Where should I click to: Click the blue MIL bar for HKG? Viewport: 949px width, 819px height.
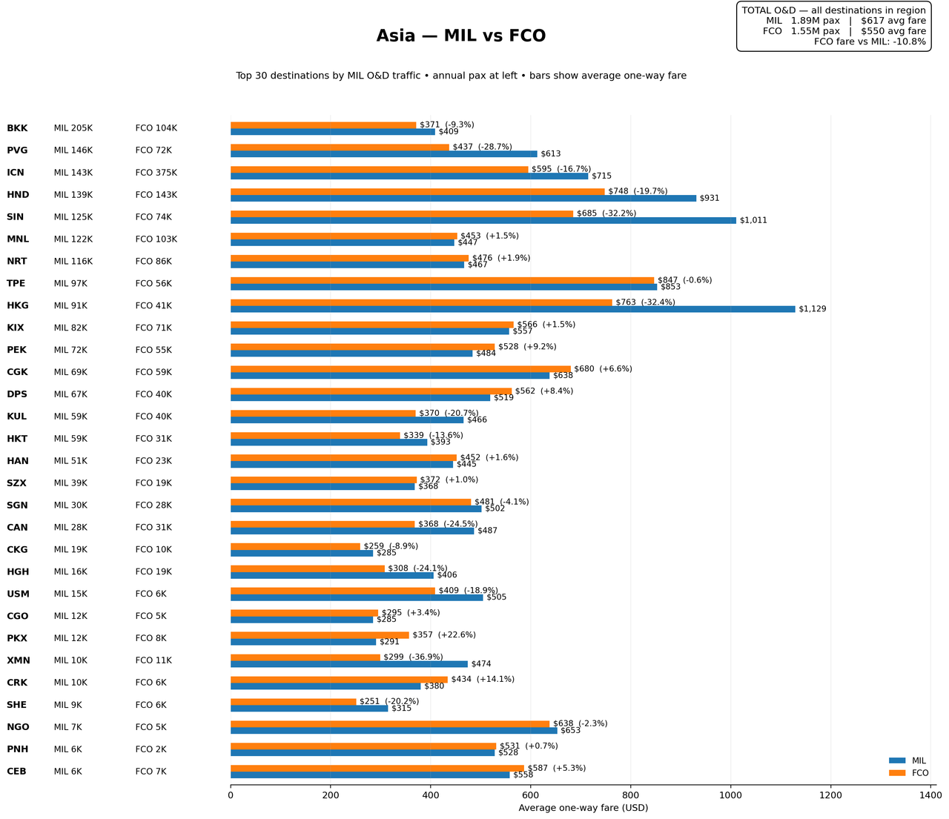click(512, 309)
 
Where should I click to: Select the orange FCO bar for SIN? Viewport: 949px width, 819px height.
click(402, 213)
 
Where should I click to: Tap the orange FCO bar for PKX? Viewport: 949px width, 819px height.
click(320, 635)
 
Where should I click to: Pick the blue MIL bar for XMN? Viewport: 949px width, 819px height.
click(349, 664)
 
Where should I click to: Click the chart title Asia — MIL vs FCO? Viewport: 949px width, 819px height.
click(461, 36)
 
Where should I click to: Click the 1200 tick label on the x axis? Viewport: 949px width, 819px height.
click(830, 795)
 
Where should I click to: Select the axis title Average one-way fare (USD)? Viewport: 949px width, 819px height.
click(583, 808)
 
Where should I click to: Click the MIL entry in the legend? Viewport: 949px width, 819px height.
click(907, 760)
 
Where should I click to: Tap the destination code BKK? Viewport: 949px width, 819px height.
click(17, 128)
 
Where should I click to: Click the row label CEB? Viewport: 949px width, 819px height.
click(16, 772)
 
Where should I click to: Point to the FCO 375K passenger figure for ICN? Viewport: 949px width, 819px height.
click(156, 173)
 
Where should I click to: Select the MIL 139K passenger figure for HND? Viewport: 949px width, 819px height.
click(73, 195)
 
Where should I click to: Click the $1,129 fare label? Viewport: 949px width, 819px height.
click(812, 309)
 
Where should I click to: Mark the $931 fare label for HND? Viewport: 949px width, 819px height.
click(710, 199)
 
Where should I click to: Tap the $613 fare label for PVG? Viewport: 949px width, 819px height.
click(550, 153)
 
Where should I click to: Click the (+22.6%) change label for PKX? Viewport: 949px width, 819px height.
click(457, 635)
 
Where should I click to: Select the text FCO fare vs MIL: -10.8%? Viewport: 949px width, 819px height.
click(870, 42)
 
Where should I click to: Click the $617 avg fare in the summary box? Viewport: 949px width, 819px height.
click(893, 21)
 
